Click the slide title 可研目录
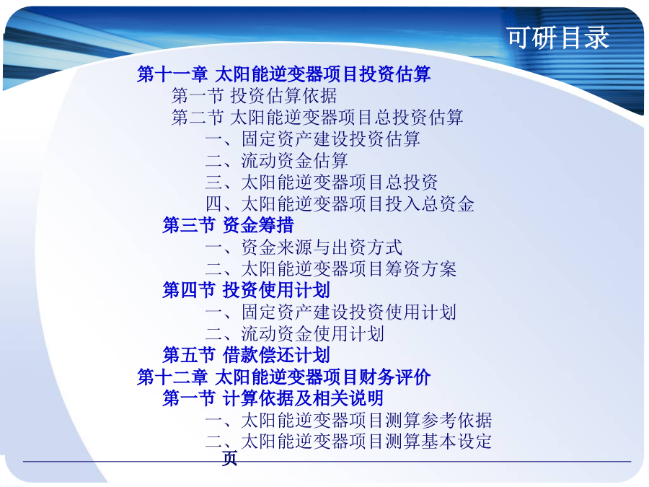pyautogui.click(x=558, y=38)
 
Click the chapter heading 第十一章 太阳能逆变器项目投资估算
pyautogui.click(x=284, y=74)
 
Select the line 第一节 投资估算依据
pyautogui.click(x=254, y=96)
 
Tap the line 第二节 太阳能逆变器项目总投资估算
pyautogui.click(x=317, y=117)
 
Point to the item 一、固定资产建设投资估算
pyautogui.click(x=313, y=139)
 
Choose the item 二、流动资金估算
pyautogui.click(x=277, y=161)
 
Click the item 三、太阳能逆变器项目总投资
pyautogui.click(x=322, y=183)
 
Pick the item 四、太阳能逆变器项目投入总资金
pyautogui.click(x=340, y=203)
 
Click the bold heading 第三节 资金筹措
pyautogui.click(x=228, y=225)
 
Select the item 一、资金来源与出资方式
pyautogui.click(x=304, y=247)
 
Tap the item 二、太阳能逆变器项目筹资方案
pyautogui.click(x=331, y=269)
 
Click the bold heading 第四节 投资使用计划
pyautogui.click(x=247, y=290)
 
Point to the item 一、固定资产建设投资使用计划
pyautogui.click(x=331, y=312)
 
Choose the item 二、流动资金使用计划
pyautogui.click(x=295, y=333)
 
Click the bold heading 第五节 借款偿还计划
pyautogui.click(x=247, y=355)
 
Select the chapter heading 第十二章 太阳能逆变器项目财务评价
pyautogui.click(x=284, y=377)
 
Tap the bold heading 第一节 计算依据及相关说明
pyautogui.click(x=273, y=398)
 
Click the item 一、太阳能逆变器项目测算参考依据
pyautogui.click(x=349, y=420)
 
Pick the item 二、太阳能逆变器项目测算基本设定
pyautogui.click(x=349, y=441)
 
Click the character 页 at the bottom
pyautogui.click(x=230, y=458)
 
